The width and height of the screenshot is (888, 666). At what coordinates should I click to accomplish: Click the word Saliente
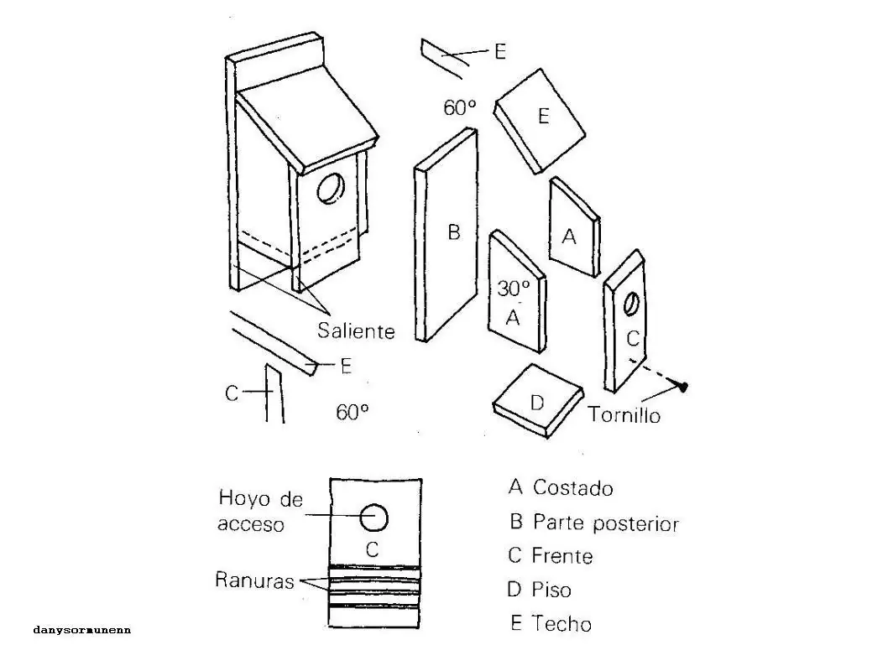(356, 330)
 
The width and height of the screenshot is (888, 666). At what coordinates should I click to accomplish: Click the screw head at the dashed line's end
(684, 387)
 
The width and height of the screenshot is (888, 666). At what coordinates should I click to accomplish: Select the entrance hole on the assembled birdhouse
(332, 190)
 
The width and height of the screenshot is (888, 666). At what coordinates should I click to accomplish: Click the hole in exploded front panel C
(632, 304)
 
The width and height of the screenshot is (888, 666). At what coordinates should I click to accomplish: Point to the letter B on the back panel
(453, 232)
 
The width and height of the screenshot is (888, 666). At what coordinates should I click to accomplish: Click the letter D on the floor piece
(537, 403)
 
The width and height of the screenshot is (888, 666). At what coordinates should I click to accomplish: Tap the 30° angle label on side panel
(513, 289)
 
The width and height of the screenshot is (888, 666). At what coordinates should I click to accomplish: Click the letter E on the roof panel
(543, 116)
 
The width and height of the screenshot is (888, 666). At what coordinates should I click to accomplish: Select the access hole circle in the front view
(374, 518)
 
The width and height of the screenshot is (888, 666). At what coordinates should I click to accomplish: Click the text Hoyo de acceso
(259, 511)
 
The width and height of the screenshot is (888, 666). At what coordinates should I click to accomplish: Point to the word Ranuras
(254, 580)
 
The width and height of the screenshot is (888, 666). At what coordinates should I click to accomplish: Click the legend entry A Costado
(561, 487)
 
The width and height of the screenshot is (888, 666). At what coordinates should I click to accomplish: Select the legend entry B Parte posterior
(593, 523)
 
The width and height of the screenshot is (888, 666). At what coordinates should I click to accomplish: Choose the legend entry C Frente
(551, 556)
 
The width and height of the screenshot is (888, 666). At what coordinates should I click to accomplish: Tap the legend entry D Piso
(539, 590)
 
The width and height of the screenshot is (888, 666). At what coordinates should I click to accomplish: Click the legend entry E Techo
(551, 624)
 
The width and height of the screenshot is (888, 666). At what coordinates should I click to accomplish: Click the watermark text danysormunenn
(82, 629)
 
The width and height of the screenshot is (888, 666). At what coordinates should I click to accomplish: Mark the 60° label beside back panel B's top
(460, 107)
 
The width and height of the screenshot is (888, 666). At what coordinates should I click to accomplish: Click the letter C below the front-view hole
(373, 550)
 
